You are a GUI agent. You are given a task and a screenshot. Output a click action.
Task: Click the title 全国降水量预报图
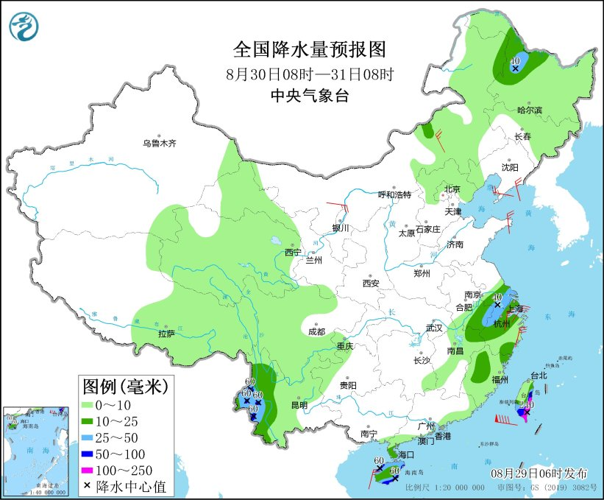pyautogui.click(x=309, y=49)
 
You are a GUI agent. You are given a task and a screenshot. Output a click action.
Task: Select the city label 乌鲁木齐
pyautogui.click(x=160, y=143)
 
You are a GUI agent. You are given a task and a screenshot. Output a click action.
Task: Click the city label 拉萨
pyautogui.click(x=166, y=334)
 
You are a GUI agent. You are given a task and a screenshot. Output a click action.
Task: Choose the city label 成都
pyautogui.click(x=316, y=331)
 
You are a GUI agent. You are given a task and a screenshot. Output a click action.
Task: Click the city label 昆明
pyautogui.click(x=299, y=404)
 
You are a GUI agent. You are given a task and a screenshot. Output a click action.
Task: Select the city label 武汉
pyautogui.click(x=436, y=327)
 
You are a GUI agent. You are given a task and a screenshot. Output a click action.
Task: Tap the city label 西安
pyautogui.click(x=370, y=283)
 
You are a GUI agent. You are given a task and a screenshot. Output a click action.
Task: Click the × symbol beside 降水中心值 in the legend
pyautogui.click(x=88, y=486)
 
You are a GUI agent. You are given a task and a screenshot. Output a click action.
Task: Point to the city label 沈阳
pyautogui.click(x=510, y=167)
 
